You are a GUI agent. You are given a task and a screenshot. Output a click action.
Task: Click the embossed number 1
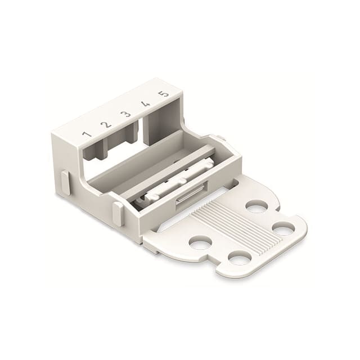87,134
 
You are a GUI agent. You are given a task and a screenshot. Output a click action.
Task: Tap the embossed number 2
105,125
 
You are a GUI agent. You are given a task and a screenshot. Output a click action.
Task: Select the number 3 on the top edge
126,114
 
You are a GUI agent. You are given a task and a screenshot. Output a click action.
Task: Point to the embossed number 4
145,103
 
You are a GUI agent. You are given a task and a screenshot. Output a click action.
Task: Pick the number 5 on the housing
164,93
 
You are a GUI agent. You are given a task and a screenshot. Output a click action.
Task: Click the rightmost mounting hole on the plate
283,228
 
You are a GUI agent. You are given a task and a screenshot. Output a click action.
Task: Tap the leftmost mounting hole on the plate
200,242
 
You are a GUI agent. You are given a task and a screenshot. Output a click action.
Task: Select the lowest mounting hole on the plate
240,258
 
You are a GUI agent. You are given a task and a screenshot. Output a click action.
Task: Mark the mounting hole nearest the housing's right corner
256,208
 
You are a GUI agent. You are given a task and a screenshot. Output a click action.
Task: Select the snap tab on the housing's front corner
118,214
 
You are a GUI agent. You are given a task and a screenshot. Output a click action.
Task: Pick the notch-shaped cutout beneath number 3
123,137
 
